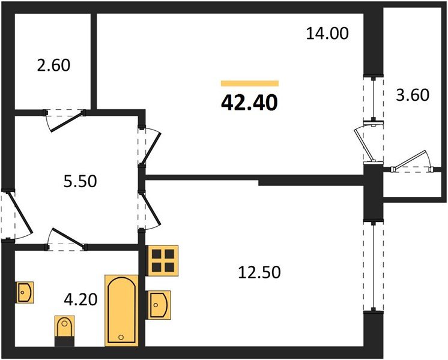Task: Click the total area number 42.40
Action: (x=249, y=103)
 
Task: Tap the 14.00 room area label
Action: (x=327, y=34)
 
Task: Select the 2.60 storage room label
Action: (x=53, y=65)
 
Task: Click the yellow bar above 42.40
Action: (x=249, y=84)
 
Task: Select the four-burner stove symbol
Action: (x=163, y=260)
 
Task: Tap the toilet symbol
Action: (x=64, y=330)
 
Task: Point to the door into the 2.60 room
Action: (x=65, y=118)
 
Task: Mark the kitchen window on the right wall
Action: (x=373, y=266)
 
